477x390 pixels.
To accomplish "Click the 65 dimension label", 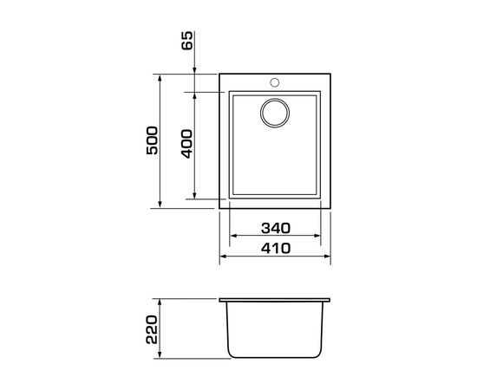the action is pyautogui.click(x=187, y=41).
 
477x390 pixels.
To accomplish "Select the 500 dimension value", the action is pyautogui.click(x=152, y=140).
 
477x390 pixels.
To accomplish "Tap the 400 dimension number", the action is pyautogui.click(x=186, y=144).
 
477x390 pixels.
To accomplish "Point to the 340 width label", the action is pyautogui.click(x=276, y=228).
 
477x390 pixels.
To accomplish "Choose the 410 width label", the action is pyautogui.click(x=276, y=249).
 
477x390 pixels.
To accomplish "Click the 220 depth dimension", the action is pyautogui.click(x=152, y=329).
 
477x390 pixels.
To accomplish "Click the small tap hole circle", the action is pyautogui.click(x=274, y=82).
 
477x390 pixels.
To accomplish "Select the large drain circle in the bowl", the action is pyautogui.click(x=275, y=113).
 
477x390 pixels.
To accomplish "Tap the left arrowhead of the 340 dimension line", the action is pyautogui.click(x=233, y=236).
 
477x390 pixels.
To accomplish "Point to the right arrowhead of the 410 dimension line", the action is pyautogui.click(x=327, y=257).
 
